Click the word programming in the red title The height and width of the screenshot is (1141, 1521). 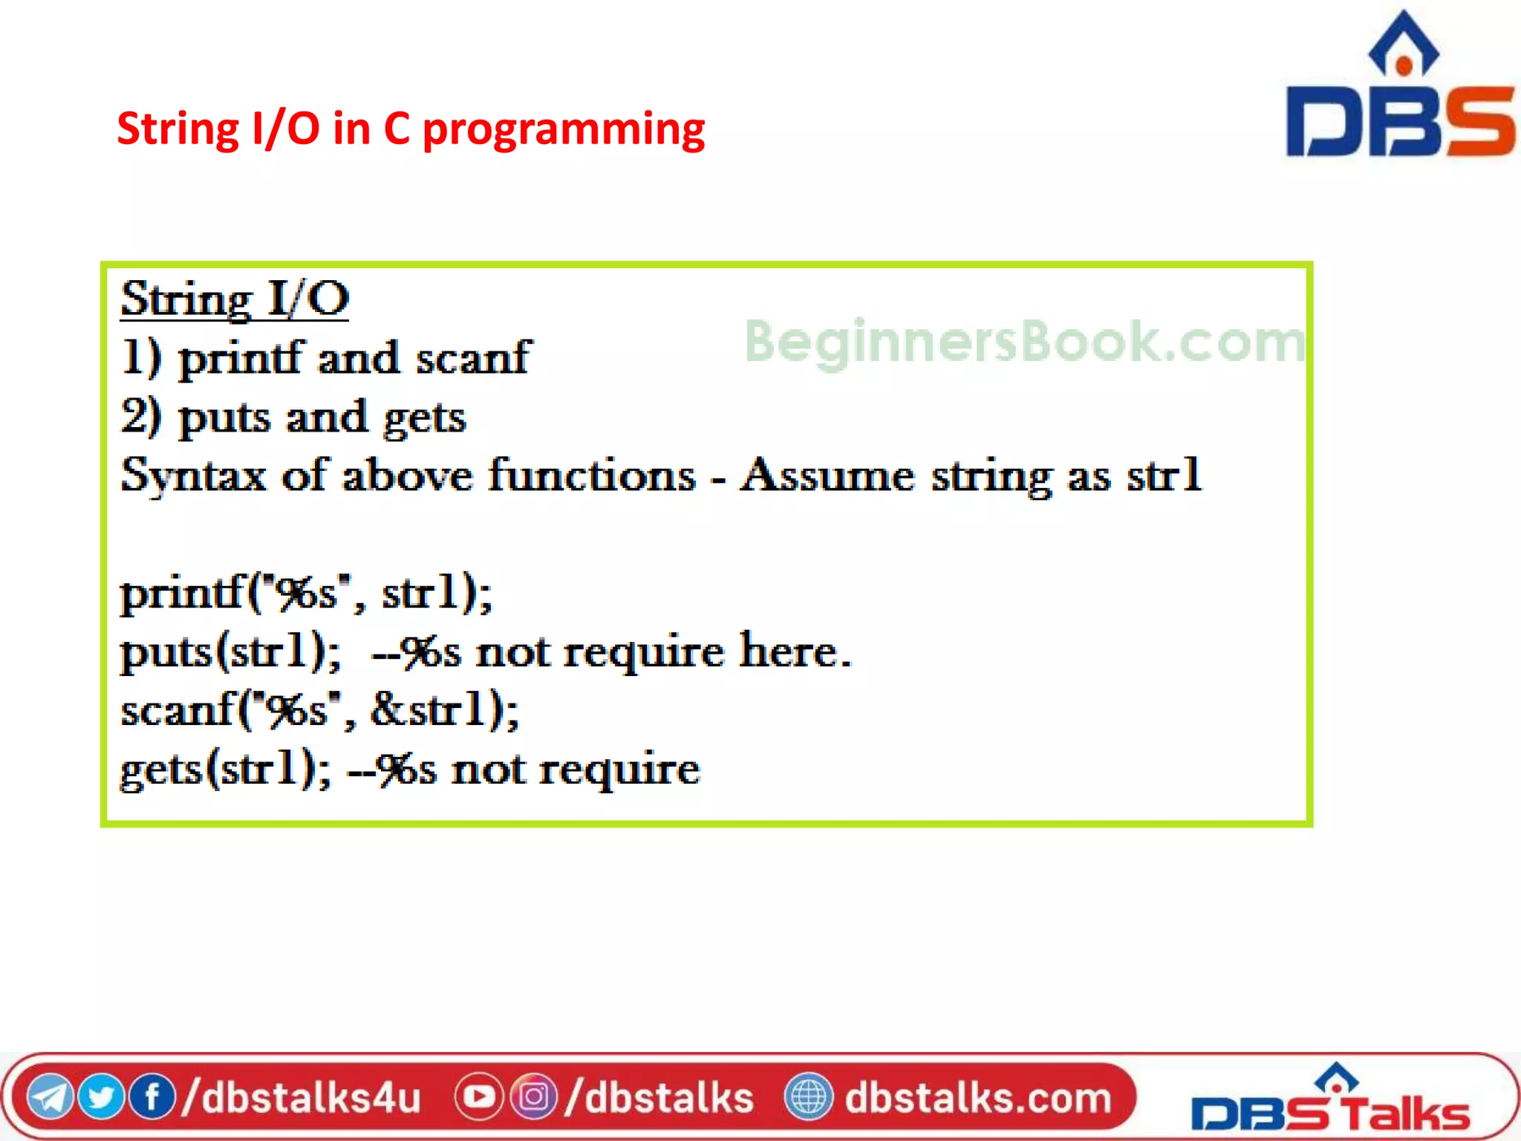(x=563, y=130)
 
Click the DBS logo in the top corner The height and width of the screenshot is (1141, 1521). (x=1400, y=89)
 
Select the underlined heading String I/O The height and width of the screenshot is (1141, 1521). (x=235, y=299)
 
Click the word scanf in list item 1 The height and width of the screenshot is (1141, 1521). (x=472, y=358)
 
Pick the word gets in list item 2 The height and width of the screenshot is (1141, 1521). (x=424, y=418)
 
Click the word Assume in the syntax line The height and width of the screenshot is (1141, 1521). (x=827, y=475)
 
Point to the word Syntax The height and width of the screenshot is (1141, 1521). (x=193, y=477)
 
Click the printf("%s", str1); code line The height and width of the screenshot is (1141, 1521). (x=305, y=594)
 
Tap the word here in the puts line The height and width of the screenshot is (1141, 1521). (x=793, y=651)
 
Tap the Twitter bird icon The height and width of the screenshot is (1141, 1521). (x=100, y=1097)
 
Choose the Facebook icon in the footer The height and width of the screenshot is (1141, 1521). (x=152, y=1097)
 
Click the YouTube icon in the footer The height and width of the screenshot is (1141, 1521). (x=479, y=1097)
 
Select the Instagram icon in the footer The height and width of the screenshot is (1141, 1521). (x=533, y=1097)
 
